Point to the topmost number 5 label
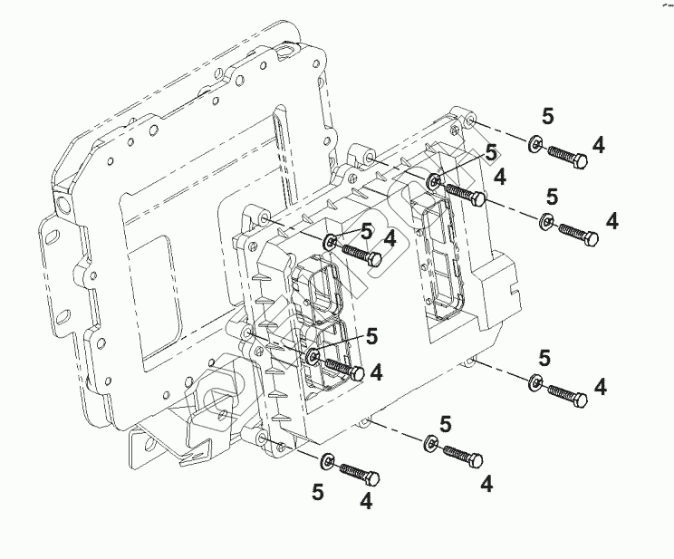(547, 115)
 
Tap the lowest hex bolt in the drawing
(359, 474)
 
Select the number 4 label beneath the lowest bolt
(366, 499)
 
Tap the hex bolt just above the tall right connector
(464, 194)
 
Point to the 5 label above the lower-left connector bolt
(371, 336)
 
